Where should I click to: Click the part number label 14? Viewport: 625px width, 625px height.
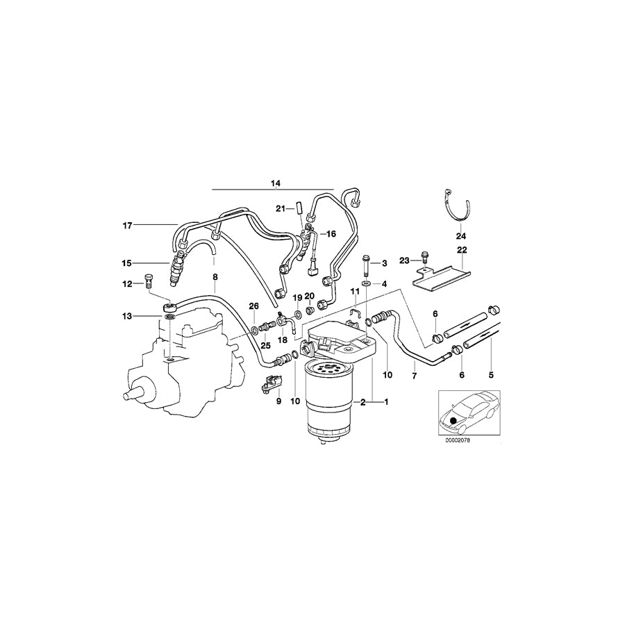[276, 183]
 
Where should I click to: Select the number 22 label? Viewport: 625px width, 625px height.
[462, 250]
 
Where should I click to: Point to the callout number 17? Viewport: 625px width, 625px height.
[127, 225]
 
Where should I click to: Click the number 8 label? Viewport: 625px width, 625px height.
[215, 277]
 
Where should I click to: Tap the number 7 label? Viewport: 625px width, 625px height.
[415, 375]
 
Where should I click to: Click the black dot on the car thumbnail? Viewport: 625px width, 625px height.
[454, 420]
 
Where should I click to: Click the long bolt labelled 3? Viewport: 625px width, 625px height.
[365, 265]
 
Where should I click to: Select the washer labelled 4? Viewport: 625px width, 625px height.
[365, 285]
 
